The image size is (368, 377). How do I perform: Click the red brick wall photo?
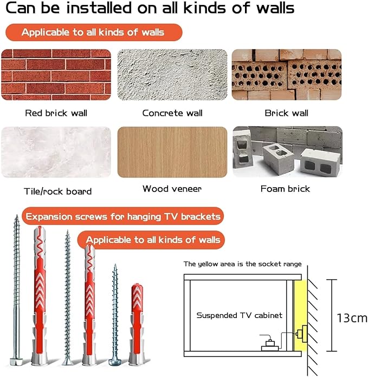(56, 75)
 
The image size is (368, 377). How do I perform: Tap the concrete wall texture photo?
(172, 75)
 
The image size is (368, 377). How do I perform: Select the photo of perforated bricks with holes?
(287, 75)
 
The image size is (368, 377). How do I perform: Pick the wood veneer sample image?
(172, 152)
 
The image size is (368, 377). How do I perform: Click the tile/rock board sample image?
(56, 152)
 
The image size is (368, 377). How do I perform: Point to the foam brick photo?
(288, 151)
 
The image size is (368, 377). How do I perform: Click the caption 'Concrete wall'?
(172, 113)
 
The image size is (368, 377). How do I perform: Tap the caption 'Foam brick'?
(286, 189)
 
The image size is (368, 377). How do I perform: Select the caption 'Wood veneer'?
(172, 189)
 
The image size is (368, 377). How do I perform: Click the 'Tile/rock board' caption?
(58, 191)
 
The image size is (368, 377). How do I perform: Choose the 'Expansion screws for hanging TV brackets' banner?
(123, 216)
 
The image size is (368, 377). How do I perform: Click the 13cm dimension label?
(352, 318)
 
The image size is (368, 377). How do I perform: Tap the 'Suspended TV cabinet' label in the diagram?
(240, 315)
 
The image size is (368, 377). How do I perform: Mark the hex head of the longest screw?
(16, 361)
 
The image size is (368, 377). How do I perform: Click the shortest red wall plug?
(137, 323)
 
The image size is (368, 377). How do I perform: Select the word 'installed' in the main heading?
(99, 8)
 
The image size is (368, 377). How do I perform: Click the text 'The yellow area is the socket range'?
(242, 264)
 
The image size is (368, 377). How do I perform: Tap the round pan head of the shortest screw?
(115, 362)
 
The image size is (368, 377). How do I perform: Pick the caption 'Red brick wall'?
(56, 113)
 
